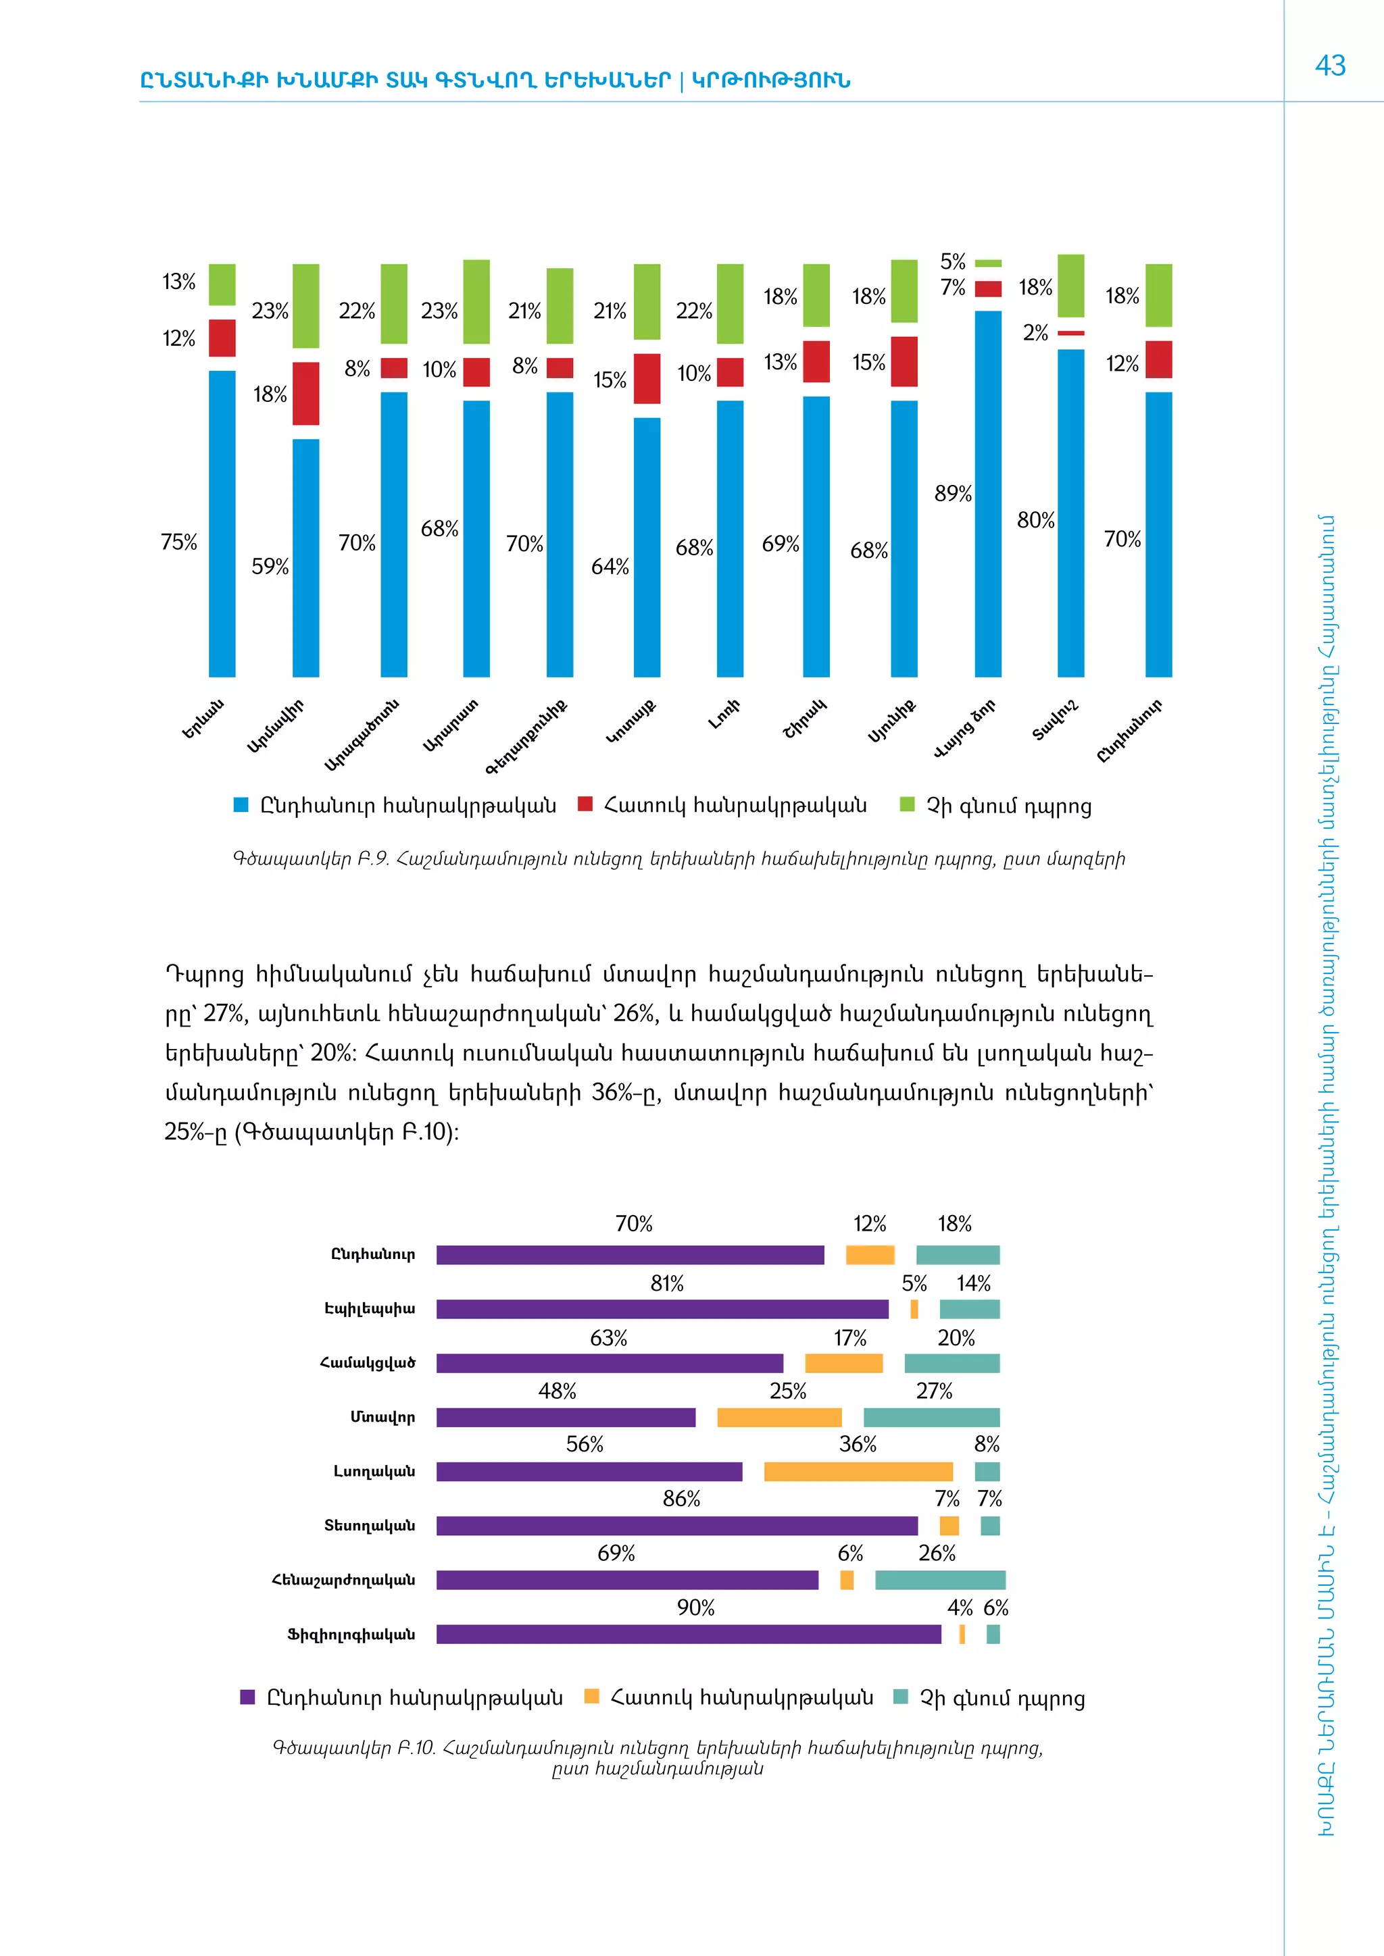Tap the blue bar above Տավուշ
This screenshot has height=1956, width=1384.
pyautogui.click(x=1070, y=513)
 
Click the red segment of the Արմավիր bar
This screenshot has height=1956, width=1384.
pyautogui.click(x=306, y=394)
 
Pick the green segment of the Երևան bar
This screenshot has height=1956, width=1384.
pyautogui.click(x=222, y=284)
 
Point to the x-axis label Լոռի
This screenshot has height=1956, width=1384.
pyautogui.click(x=724, y=714)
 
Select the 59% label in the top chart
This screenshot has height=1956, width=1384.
pyautogui.click(x=270, y=567)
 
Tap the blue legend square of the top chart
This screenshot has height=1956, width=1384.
pyautogui.click(x=241, y=805)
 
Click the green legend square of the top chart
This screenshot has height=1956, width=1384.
pyautogui.click(x=908, y=805)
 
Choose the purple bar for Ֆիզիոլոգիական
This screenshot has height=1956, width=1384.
pyautogui.click(x=689, y=1634)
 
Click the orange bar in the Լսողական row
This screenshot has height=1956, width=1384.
pyautogui.click(x=858, y=1471)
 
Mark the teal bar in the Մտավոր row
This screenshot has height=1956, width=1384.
pyautogui.click(x=931, y=1418)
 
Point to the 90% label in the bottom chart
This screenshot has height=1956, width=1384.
pyautogui.click(x=695, y=1607)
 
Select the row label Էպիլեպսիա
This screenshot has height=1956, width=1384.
pyautogui.click(x=370, y=1308)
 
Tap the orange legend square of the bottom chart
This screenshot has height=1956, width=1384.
pyautogui.click(x=591, y=1696)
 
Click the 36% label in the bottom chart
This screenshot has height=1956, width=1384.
pyautogui.click(x=858, y=1445)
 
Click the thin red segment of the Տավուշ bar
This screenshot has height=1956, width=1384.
pyautogui.click(x=1070, y=333)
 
